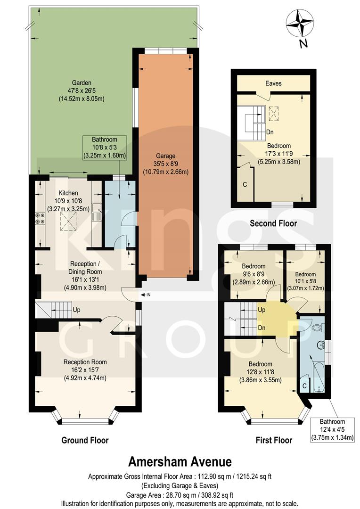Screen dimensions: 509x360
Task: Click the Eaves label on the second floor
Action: click(273, 83)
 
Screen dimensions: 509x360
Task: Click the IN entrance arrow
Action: click(146, 295)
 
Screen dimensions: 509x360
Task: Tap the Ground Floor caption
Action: click(85, 440)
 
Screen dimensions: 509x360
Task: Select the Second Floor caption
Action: click(273, 223)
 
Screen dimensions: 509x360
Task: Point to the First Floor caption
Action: click(274, 440)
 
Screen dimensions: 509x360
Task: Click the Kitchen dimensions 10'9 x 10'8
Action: click(68, 201)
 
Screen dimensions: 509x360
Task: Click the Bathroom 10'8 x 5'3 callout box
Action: click(105, 148)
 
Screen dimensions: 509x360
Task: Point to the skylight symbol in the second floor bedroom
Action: click(273, 113)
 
